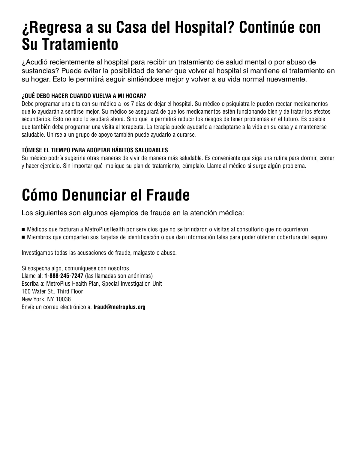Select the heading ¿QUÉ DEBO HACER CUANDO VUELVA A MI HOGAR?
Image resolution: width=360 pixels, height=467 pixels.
[84, 96]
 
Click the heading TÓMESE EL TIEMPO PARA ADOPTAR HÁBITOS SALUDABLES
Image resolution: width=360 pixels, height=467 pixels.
[95, 150]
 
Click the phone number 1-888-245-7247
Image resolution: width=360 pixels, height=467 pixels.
[64, 276]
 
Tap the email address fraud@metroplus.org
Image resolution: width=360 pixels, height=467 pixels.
[119, 307]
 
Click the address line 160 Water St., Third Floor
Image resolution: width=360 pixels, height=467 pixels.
[52, 291]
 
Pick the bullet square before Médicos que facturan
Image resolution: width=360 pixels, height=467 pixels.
[23, 230]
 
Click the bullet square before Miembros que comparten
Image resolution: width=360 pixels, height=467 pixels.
[23, 237]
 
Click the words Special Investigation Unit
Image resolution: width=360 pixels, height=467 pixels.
[132, 284]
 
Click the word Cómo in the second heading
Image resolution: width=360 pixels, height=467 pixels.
[39, 195]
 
